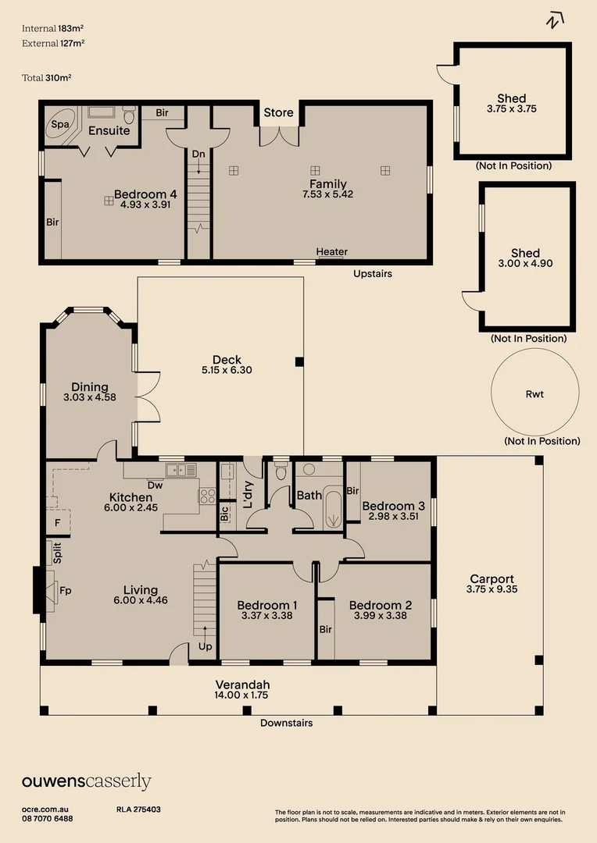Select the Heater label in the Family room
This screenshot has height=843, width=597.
331,251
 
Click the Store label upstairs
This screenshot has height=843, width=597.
278,112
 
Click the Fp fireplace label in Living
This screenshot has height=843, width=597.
66,590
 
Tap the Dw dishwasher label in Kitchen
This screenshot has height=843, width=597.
155,485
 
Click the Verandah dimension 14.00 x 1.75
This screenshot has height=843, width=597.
242,695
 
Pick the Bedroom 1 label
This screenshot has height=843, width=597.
266,605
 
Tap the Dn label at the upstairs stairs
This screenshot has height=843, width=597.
198,155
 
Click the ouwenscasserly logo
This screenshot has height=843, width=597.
86,781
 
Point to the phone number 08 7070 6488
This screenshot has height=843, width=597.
48,819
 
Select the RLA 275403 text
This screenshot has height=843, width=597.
138,809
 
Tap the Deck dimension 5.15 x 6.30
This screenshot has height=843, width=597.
227,371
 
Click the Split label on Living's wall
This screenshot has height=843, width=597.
57,553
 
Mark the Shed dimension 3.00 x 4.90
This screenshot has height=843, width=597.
525,264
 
